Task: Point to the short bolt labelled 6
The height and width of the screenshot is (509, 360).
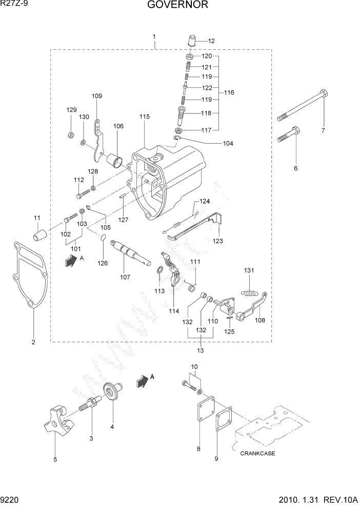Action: click(x=288, y=135)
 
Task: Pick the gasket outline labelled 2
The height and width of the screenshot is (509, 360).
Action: click(x=30, y=277)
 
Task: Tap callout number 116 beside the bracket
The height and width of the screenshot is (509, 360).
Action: click(x=229, y=92)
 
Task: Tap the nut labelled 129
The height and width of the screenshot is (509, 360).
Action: click(x=71, y=135)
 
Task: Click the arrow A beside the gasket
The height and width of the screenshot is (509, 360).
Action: click(x=70, y=261)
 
